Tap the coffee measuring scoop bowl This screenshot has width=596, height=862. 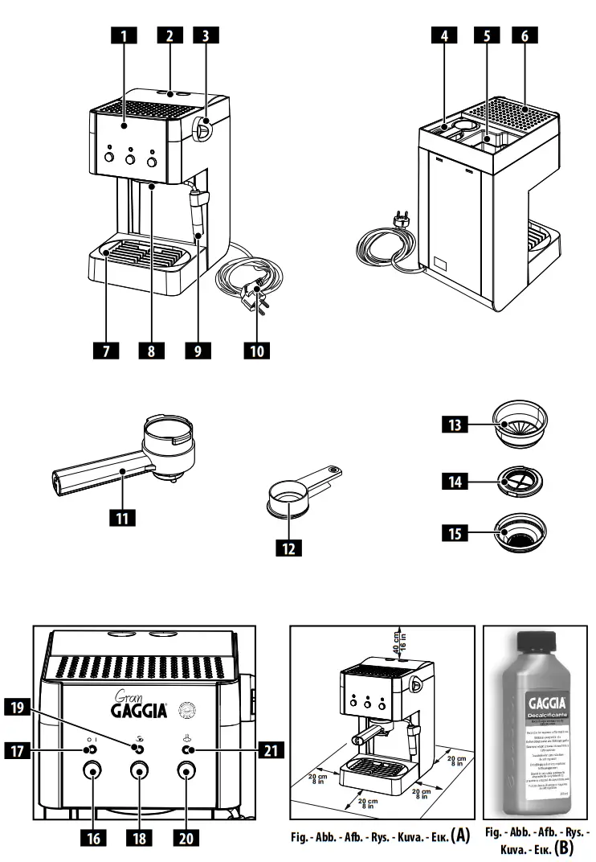(x=287, y=498)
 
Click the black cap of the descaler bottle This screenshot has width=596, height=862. (x=535, y=644)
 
